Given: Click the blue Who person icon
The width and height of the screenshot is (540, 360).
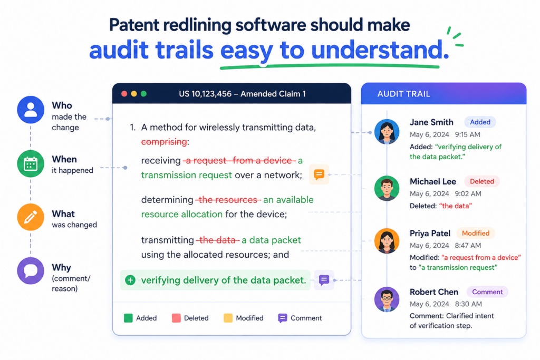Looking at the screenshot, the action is click(31, 110).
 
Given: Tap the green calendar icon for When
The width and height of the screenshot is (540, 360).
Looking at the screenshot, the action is click(31, 164).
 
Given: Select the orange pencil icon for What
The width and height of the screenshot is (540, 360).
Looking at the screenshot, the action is click(31, 217).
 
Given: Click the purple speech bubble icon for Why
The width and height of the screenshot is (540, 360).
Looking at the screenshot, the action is click(31, 271).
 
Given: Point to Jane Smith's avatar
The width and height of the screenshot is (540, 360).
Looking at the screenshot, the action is click(387, 131).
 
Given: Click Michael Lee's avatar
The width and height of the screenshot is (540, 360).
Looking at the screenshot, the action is click(387, 188).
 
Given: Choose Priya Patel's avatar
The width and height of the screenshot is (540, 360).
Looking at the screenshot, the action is click(387, 240).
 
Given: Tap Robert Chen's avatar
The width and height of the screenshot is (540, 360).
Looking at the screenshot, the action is click(387, 299).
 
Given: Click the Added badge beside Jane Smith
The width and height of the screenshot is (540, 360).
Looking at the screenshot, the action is click(480, 122).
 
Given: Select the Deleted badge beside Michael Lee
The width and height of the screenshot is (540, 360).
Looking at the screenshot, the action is click(482, 181).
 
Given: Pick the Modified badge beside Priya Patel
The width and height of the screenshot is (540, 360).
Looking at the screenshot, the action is click(476, 233).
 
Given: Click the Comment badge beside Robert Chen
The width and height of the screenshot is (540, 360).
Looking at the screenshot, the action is click(487, 292).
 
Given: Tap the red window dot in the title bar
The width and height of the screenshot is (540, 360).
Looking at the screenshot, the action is click(124, 94).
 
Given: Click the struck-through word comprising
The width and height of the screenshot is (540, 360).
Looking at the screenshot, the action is click(164, 142).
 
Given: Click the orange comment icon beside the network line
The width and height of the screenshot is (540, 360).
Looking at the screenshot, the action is click(319, 174).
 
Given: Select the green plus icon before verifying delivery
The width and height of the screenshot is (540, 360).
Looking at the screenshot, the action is click(130, 280).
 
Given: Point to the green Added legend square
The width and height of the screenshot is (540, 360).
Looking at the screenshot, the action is click(128, 318).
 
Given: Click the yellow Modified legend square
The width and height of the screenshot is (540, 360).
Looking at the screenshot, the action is click(228, 318).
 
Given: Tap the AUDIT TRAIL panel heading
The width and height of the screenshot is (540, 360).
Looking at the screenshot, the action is click(403, 94).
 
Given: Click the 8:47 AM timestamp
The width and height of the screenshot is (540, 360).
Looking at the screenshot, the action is click(468, 246).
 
